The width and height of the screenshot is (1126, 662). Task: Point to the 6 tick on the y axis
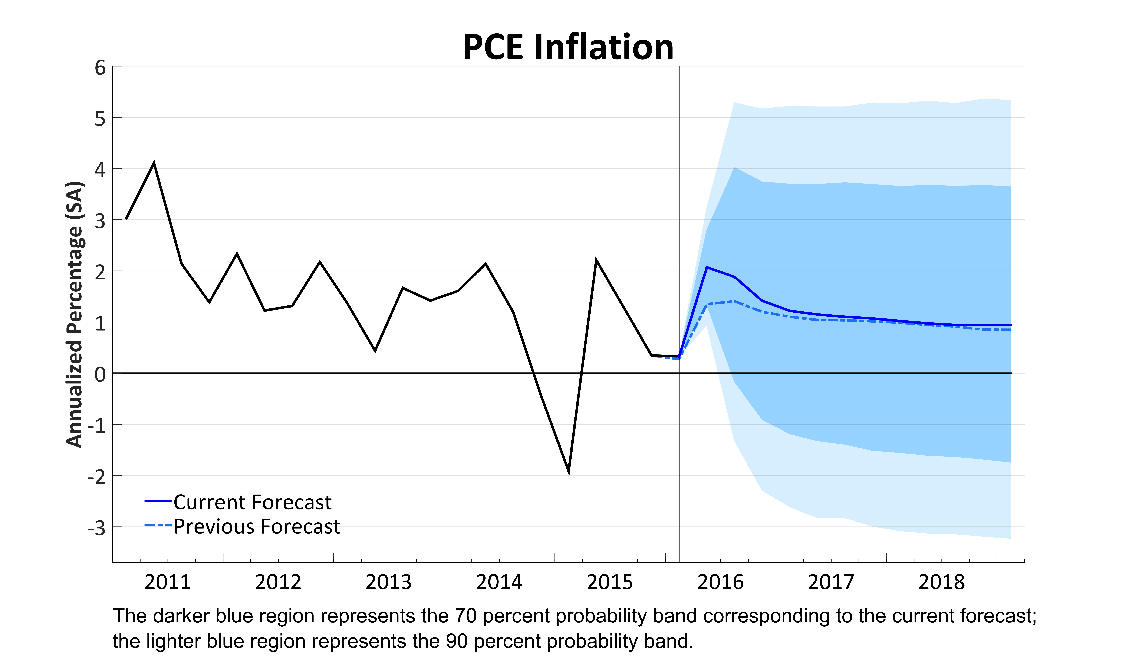pyautogui.click(x=100, y=68)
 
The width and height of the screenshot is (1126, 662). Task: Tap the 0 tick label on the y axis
pyautogui.click(x=100, y=374)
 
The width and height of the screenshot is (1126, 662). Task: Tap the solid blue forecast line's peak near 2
pyautogui.click(x=706, y=267)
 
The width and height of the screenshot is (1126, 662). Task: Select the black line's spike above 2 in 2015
pyautogui.click(x=596, y=260)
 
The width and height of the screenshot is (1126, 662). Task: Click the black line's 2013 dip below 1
pyautogui.click(x=375, y=350)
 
